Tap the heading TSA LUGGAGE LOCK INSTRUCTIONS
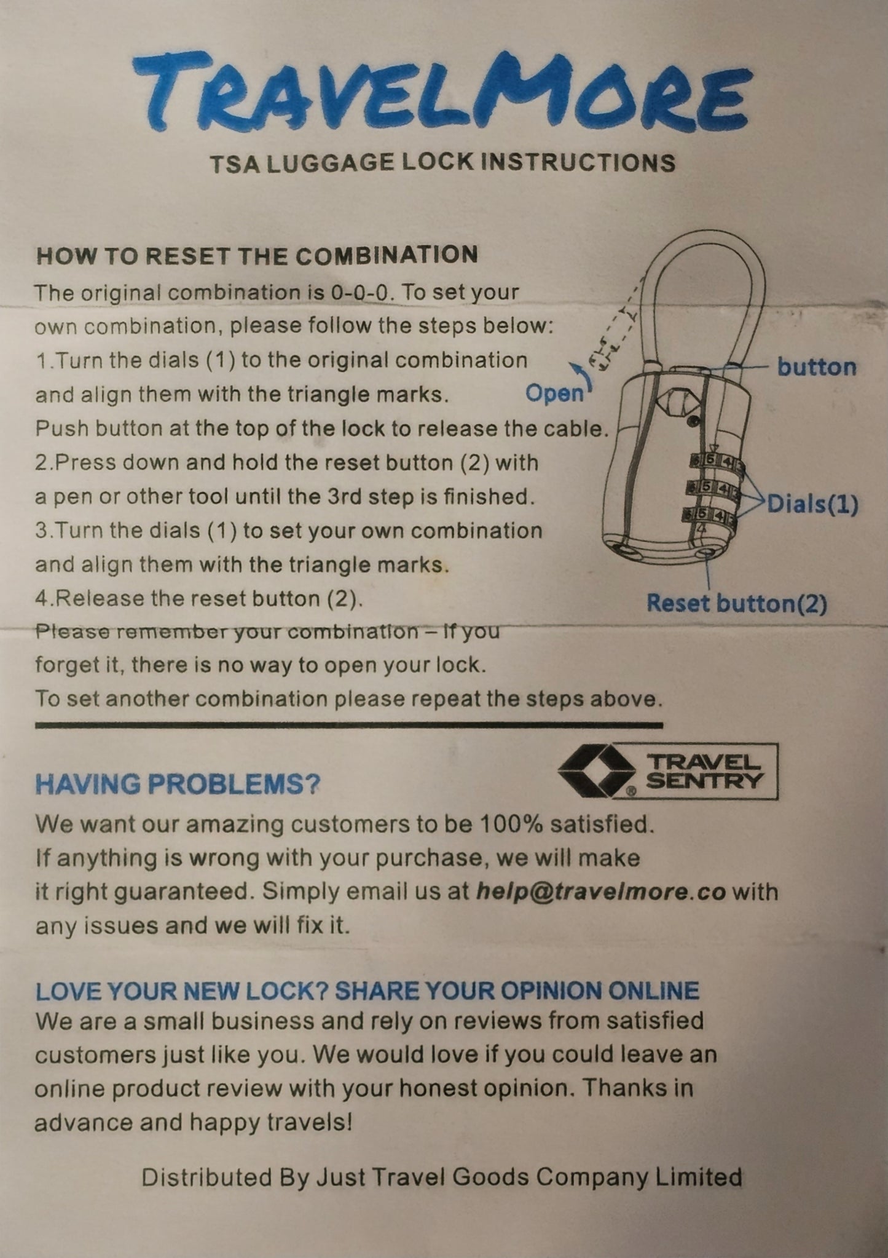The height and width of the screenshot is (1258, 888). pyautogui.click(x=442, y=163)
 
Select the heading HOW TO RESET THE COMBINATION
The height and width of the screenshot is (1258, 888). pyautogui.click(x=257, y=255)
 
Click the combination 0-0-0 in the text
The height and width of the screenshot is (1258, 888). pyautogui.click(x=360, y=292)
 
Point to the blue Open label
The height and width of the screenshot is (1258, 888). pyautogui.click(x=554, y=394)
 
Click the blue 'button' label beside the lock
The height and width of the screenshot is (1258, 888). pyautogui.click(x=817, y=367)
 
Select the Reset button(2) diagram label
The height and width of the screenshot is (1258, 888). pyautogui.click(x=737, y=604)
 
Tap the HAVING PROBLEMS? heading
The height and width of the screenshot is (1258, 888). pyautogui.click(x=178, y=785)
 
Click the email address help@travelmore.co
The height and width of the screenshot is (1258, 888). pyautogui.click(x=602, y=892)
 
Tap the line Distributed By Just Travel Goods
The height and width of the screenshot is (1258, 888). pyautogui.click(x=442, y=1177)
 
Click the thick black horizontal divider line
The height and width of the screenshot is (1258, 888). pyautogui.click(x=349, y=726)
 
